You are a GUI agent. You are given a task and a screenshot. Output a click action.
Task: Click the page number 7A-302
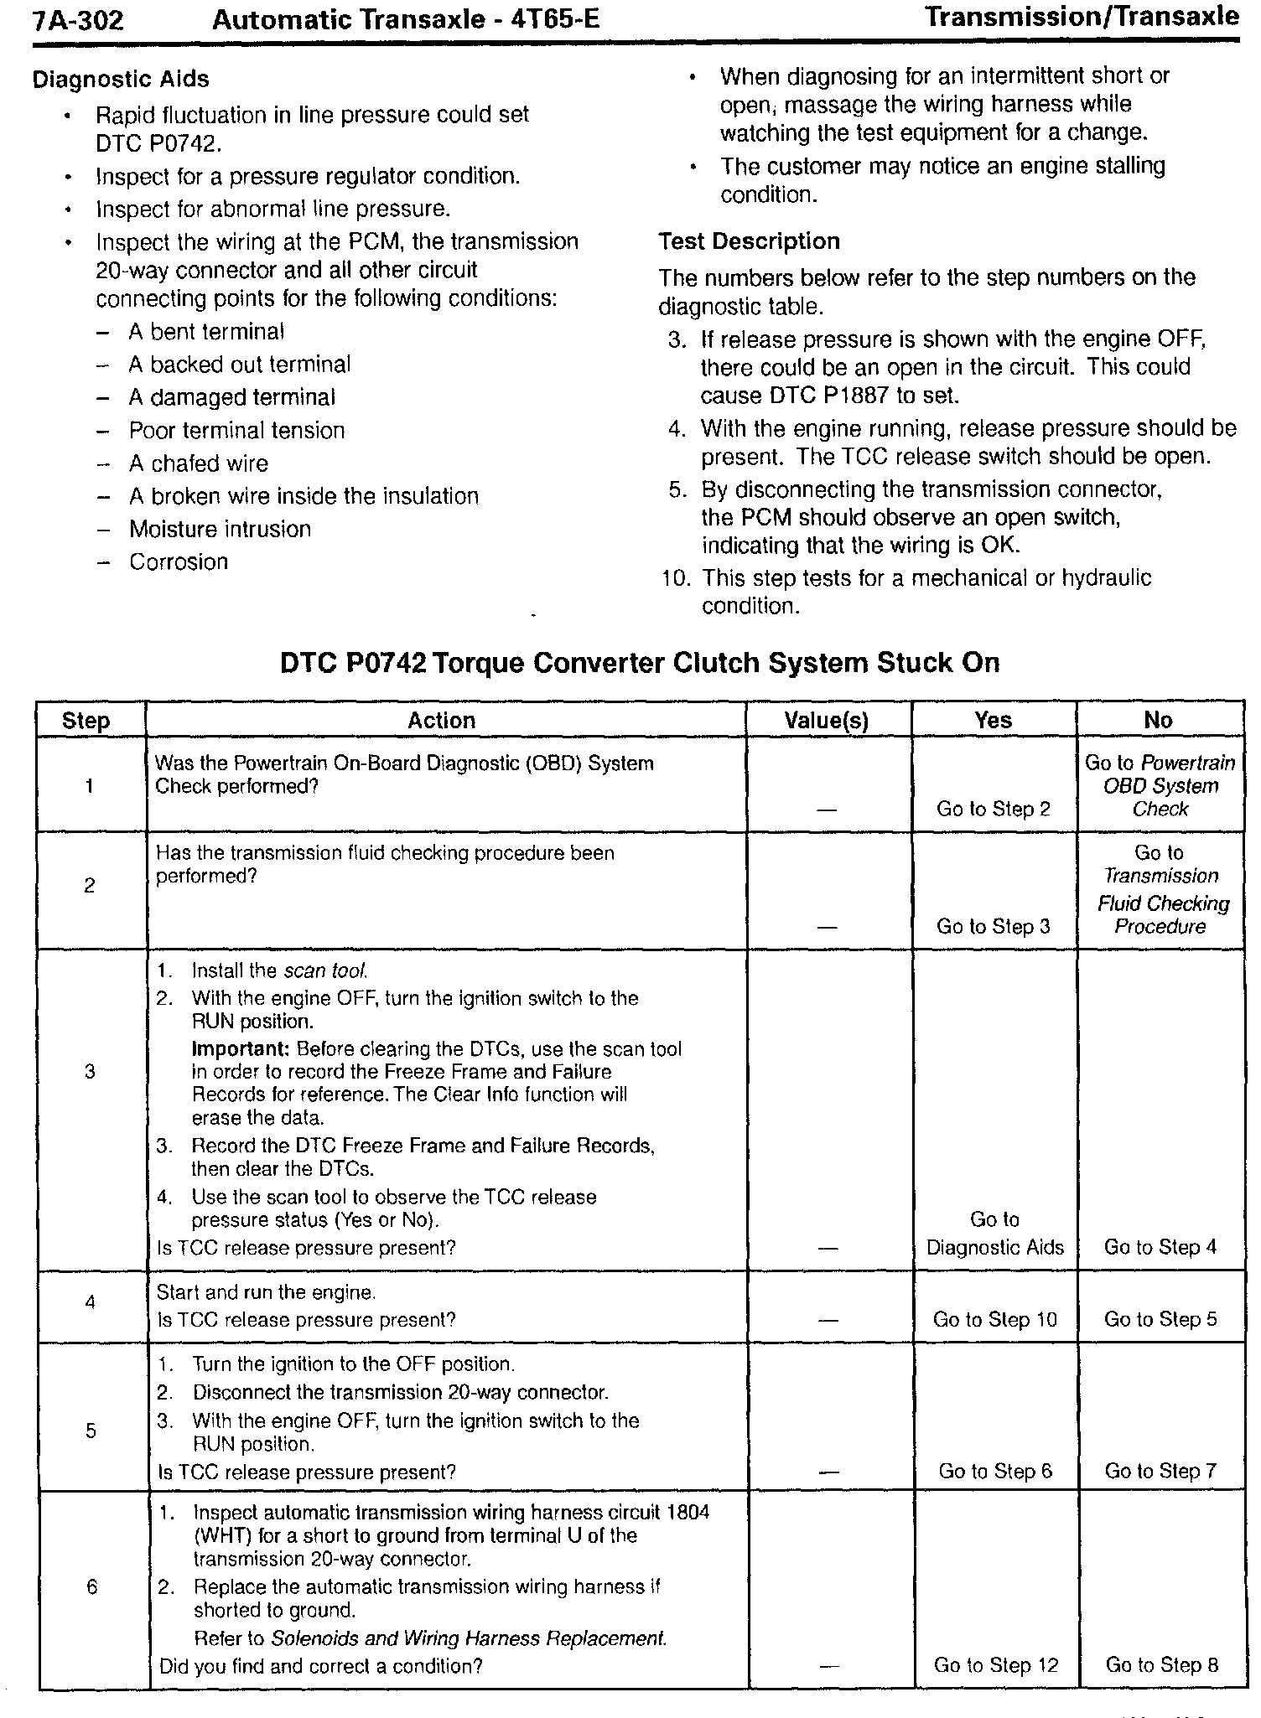pyautogui.click(x=78, y=19)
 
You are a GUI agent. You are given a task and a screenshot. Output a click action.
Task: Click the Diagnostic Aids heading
pyautogui.click(x=121, y=80)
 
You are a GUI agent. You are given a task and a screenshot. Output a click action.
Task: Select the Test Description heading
pyautogui.click(x=749, y=241)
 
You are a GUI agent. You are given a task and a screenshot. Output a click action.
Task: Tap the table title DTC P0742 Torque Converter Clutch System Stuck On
pyautogui.click(x=639, y=663)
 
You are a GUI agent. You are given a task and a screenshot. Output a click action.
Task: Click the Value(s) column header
pyautogui.click(x=827, y=721)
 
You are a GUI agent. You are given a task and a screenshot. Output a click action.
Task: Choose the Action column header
pyautogui.click(x=441, y=721)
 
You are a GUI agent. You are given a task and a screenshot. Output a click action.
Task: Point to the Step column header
pyautogui.click(x=86, y=722)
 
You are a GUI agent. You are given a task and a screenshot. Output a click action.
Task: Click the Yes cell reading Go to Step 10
pyautogui.click(x=994, y=1320)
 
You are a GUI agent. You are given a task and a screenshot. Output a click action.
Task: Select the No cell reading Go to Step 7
pyautogui.click(x=1160, y=1471)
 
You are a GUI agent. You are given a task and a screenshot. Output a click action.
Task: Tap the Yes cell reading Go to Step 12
pyautogui.click(x=996, y=1664)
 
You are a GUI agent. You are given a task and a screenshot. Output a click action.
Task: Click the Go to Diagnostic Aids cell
pyautogui.click(x=994, y=1234)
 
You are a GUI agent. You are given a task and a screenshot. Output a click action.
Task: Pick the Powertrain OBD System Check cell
pyautogui.click(x=1160, y=786)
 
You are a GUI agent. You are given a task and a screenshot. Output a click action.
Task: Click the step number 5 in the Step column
pyautogui.click(x=91, y=1431)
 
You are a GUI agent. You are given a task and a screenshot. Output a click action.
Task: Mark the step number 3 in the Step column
pyautogui.click(x=90, y=1072)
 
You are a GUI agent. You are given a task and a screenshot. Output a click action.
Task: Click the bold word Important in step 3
pyautogui.click(x=241, y=1049)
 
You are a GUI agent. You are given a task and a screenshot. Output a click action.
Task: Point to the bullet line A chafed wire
pyautogui.click(x=198, y=463)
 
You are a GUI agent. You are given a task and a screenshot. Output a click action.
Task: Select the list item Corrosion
pyautogui.click(x=179, y=561)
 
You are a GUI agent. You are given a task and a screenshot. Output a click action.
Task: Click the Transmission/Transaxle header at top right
pyautogui.click(x=1081, y=17)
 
